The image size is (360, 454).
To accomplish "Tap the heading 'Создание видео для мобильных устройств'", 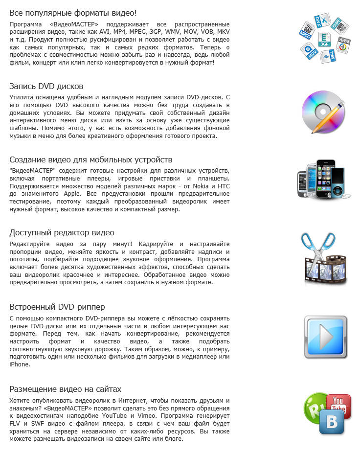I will click(x=91, y=159).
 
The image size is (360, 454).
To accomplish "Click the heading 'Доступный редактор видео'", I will click(x=62, y=232).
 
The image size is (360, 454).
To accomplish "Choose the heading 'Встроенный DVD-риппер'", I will click(x=57, y=307).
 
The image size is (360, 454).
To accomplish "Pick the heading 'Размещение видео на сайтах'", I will click(x=65, y=389).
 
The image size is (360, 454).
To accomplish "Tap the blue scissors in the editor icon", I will click(x=319, y=247).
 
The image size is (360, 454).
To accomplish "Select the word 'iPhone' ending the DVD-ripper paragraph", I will click(x=19, y=364).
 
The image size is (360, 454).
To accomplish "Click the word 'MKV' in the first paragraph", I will click(x=222, y=31).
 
